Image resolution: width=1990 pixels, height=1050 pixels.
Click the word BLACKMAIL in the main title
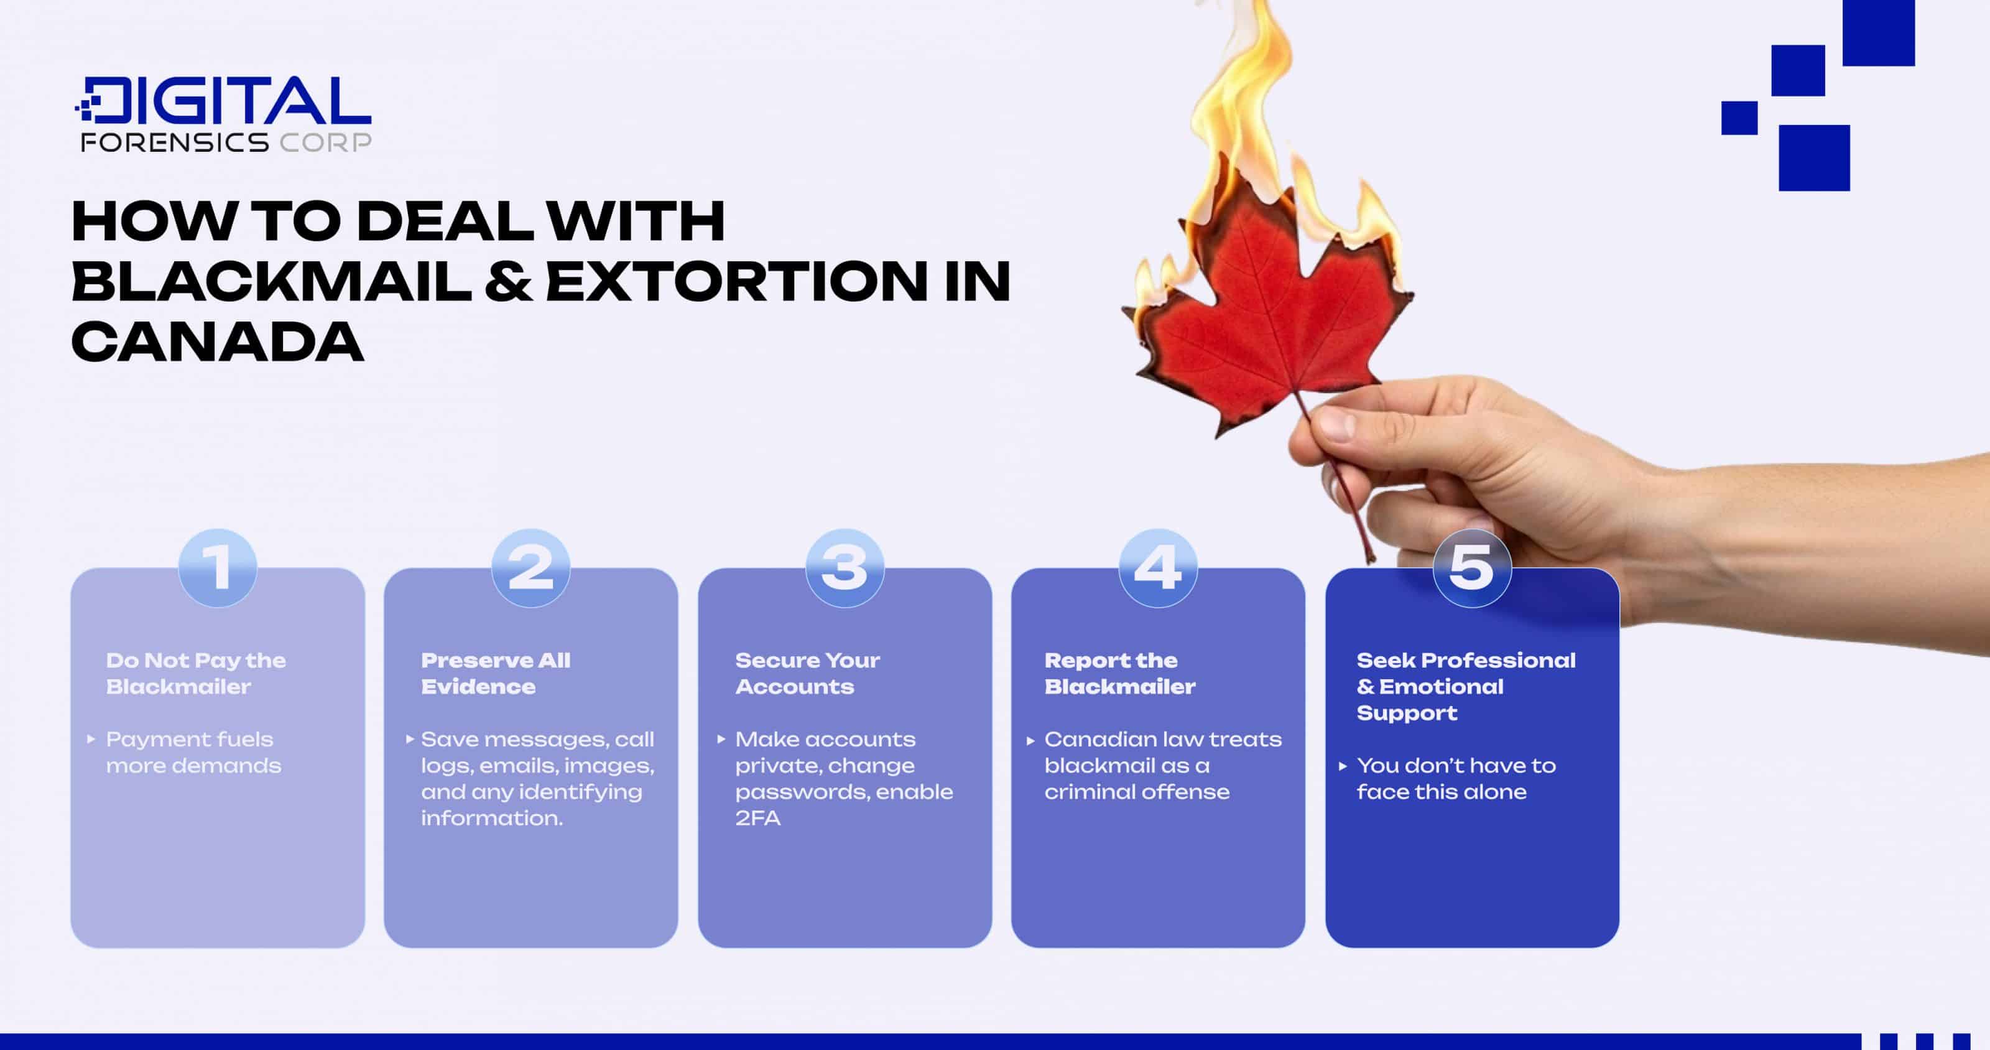pos(271,281)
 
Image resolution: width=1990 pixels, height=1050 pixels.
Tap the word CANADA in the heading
pos(217,341)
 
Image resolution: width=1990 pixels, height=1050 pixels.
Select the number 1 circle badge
pos(217,568)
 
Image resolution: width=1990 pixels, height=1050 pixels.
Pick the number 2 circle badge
pos(530,568)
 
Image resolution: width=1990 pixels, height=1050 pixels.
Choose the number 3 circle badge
pos(845,568)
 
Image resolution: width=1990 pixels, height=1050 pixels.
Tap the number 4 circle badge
pos(1158,568)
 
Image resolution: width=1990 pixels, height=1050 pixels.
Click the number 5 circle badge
pos(1471,568)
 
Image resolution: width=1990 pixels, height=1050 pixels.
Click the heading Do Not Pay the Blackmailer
pos(195,673)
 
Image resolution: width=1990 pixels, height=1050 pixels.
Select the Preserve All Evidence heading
pos(495,673)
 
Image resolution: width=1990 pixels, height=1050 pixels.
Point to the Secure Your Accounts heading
pos(807,673)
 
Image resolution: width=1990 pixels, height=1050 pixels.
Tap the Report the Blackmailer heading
pos(1119,673)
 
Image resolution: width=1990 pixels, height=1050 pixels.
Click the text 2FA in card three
pos(757,818)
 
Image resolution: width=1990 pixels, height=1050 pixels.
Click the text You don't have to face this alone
pos(1455,779)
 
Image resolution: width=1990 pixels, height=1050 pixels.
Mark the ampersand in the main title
pos(508,281)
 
